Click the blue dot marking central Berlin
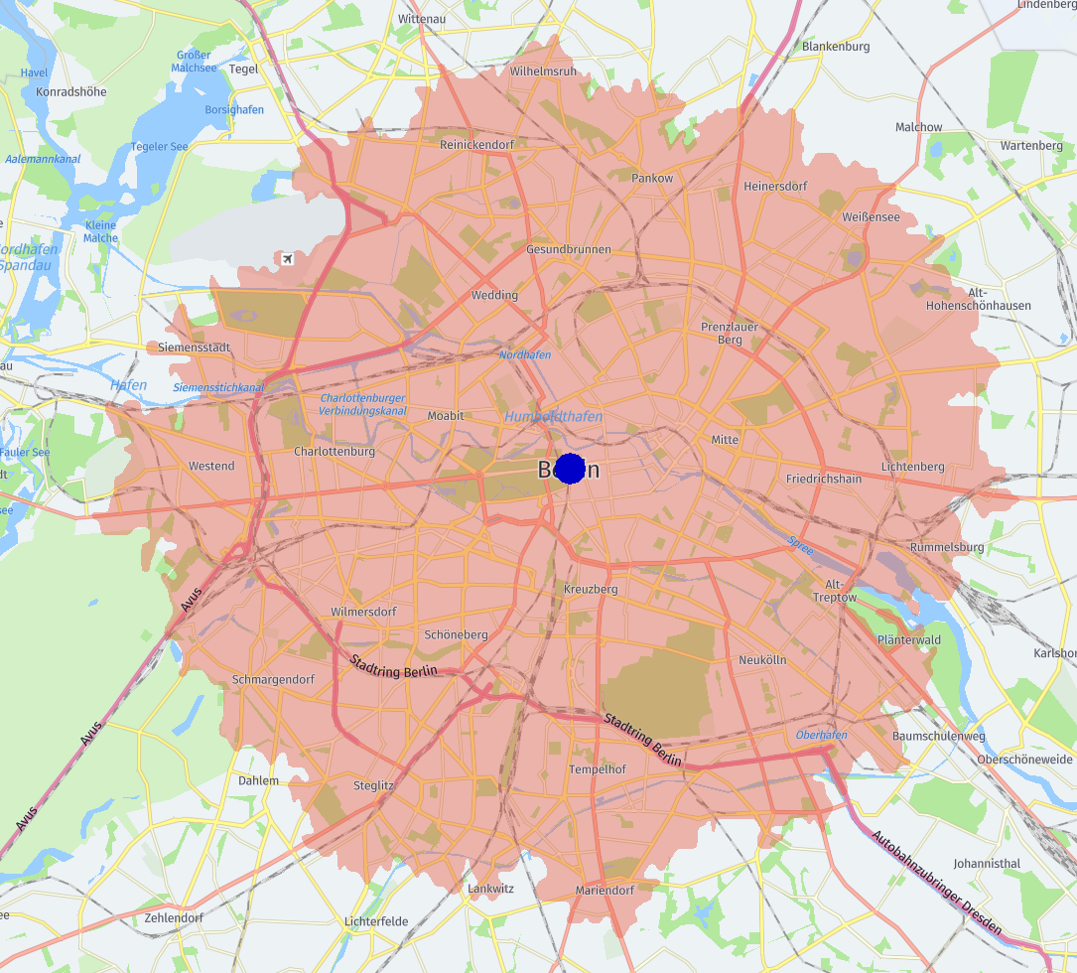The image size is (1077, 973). tap(570, 469)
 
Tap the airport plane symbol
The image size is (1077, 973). tap(287, 259)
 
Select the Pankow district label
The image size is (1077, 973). tap(652, 178)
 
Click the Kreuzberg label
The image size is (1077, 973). tap(591, 589)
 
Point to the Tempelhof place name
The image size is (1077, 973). tap(597, 769)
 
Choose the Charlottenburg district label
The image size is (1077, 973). tap(335, 451)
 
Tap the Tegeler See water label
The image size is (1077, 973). tap(159, 147)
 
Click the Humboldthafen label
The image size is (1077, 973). tap(553, 417)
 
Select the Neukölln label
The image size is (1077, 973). tap(762, 659)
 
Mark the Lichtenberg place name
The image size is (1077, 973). tap(912, 467)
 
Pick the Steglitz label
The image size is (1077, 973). tap(373, 785)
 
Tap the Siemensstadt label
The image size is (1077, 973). tap(194, 347)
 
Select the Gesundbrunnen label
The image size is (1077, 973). tap(569, 249)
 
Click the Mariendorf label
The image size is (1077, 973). tap(605, 891)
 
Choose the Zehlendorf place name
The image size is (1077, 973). tap(174, 917)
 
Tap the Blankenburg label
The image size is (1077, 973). tap(836, 47)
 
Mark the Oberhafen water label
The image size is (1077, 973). tap(821, 735)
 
